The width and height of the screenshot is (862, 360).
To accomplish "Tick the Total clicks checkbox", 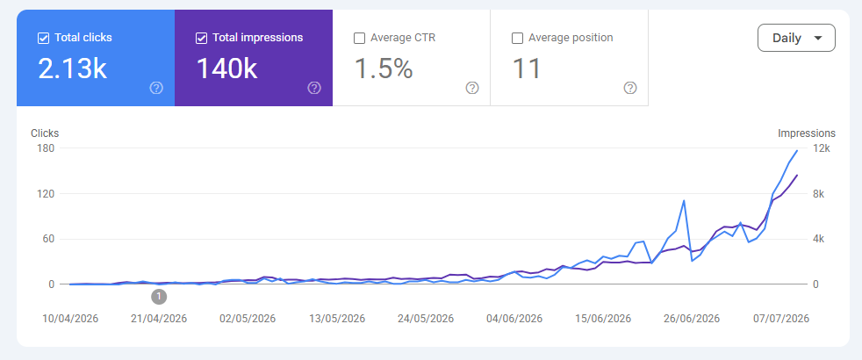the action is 43,38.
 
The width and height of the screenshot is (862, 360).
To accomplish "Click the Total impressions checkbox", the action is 201,38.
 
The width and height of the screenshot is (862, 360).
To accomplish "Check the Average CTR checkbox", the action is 359,38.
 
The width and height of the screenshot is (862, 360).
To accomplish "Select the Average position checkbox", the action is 517,38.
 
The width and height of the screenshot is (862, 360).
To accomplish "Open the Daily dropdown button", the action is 796,38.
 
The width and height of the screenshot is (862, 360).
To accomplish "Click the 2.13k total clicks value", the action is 72,69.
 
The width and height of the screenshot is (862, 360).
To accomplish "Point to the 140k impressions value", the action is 226,69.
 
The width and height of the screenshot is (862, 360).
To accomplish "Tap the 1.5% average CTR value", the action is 384,69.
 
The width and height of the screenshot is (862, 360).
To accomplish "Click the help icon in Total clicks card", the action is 156,88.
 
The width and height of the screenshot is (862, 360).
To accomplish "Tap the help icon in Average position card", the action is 630,88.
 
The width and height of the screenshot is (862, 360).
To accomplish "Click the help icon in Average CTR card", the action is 472,88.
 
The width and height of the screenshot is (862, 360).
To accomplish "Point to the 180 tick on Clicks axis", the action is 47,148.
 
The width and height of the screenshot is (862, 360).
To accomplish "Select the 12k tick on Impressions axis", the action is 824,148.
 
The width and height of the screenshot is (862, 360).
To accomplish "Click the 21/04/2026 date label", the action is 160,319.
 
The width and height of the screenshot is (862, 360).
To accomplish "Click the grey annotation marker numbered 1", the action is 159,297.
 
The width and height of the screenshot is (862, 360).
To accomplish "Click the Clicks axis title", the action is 45,133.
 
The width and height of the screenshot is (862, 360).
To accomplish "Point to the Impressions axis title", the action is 807,133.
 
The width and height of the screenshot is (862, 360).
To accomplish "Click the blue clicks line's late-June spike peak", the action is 684,200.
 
